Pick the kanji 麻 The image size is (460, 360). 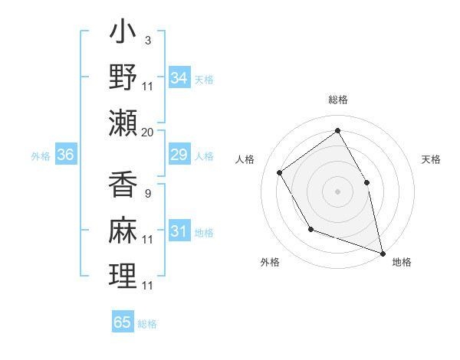pos(123,229)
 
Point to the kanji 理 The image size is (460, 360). pos(123,275)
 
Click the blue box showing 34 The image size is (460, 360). pos(179,78)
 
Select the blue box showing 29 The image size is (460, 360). pos(179,155)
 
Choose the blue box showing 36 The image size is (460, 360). pos(65,155)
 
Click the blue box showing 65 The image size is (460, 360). pos(123,322)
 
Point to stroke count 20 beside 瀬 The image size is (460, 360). pos(148,132)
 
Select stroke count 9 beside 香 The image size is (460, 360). pos(147,193)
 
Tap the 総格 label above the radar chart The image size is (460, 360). pos(337,100)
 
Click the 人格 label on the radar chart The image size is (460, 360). pos(245,159)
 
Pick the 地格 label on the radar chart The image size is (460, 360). pos(402,262)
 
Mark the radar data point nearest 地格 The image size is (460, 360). pos(383,252)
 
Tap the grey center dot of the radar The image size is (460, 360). pos(337,191)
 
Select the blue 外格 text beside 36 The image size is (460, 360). pos(41,156)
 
